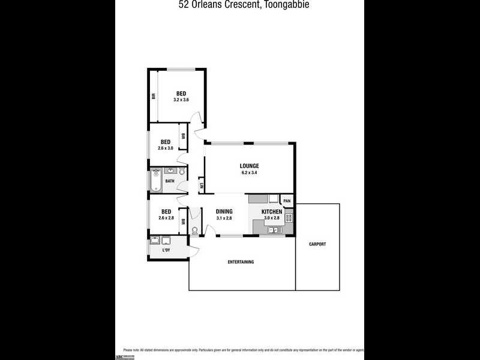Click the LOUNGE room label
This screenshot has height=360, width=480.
coord(249,166)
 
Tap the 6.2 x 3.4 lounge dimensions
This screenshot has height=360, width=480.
coord(249,173)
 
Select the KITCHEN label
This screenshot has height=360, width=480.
coord(271,212)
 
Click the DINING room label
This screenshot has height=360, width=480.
coord(224,211)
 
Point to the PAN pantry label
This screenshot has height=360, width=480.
coord(287,201)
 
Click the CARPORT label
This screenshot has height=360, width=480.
coord(317,244)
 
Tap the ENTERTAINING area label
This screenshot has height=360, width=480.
coord(241,262)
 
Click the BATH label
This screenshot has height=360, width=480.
coord(170,181)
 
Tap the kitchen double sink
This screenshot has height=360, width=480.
coord(272,229)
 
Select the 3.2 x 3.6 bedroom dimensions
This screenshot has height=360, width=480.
coord(181,100)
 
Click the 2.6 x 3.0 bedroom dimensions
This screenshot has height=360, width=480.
coord(166,148)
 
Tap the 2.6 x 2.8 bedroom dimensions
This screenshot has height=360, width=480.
coord(166,218)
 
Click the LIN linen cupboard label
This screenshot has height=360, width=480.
coord(202,186)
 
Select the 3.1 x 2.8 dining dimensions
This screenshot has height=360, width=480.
coord(224,218)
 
